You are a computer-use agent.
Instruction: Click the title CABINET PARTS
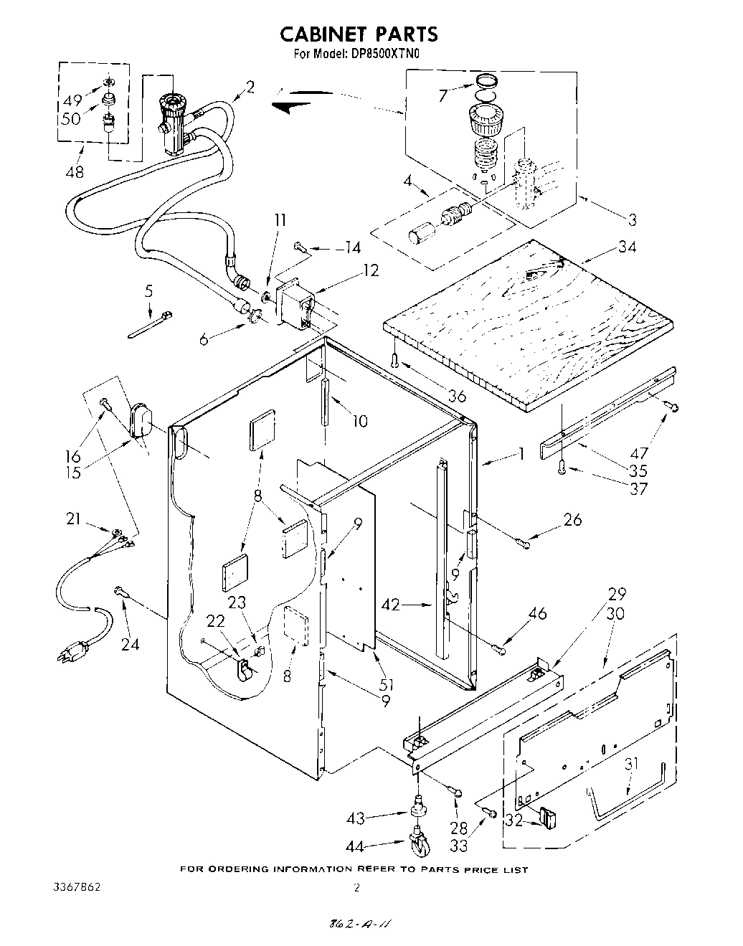358,34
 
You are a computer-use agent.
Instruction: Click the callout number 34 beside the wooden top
627,247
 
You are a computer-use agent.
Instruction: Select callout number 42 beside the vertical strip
392,605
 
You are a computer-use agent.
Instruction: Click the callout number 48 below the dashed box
74,172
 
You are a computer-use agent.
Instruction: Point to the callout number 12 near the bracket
371,270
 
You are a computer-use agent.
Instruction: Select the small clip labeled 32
550,817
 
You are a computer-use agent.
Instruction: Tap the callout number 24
130,643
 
